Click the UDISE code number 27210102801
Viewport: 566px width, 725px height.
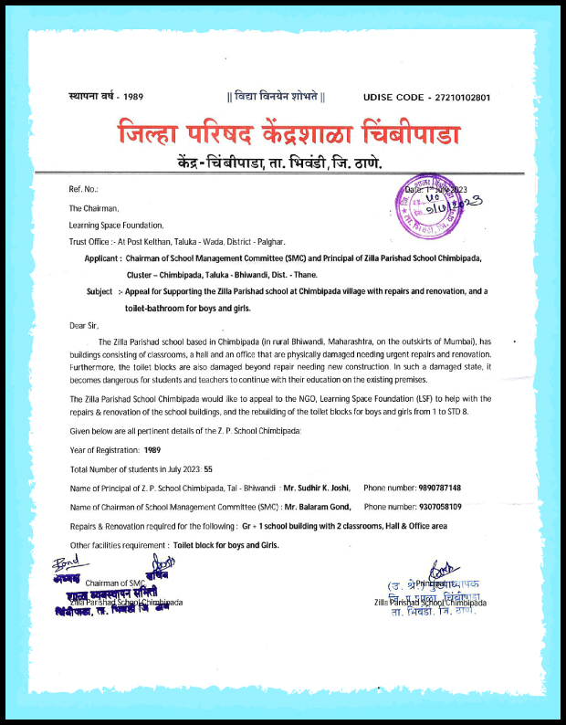pyautogui.click(x=466, y=96)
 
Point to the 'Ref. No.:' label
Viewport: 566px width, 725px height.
pyautogui.click(x=83, y=189)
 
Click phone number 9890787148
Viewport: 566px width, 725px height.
pyautogui.click(x=435, y=488)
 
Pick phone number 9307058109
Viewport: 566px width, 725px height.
pyautogui.click(x=435, y=507)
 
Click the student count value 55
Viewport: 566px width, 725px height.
pyautogui.click(x=208, y=468)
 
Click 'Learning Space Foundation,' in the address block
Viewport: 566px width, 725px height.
pyautogui.click(x=117, y=225)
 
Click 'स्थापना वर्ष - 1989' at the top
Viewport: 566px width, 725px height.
pyautogui.click(x=107, y=96)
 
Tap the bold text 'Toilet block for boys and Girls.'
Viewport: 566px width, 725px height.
pyautogui.click(x=225, y=545)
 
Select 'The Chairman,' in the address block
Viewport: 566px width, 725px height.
pyautogui.click(x=94, y=208)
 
